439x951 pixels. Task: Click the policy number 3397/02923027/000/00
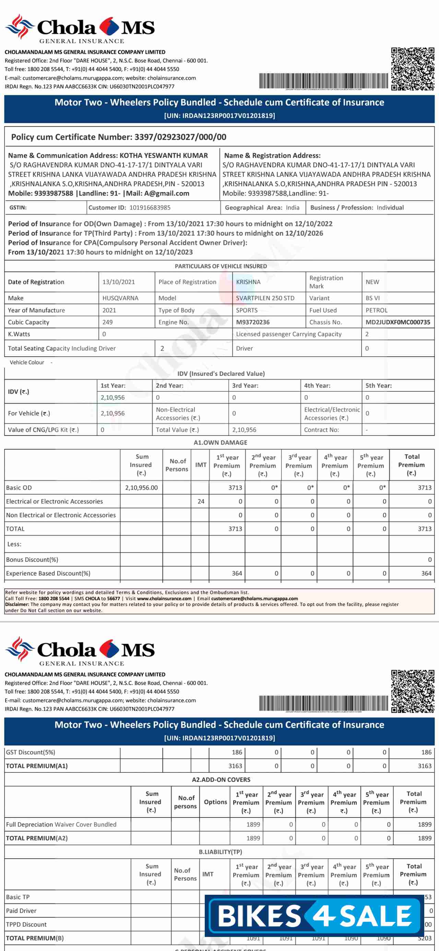point(180,137)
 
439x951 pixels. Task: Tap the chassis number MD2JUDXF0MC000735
point(398,322)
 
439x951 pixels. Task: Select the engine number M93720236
point(252,322)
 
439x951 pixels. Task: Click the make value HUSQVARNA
point(120,298)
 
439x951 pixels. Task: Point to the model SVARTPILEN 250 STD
point(265,298)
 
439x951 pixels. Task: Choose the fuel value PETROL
point(376,310)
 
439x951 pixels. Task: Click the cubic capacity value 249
point(107,322)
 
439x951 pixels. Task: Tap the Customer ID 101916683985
point(150,207)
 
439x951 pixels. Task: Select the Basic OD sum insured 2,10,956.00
point(141,488)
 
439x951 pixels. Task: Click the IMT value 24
point(201,501)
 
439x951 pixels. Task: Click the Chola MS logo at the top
point(80,29)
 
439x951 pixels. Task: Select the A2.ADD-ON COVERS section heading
point(221,780)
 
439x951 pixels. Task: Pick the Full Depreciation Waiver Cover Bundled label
point(61,824)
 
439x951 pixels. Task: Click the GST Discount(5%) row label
point(31,752)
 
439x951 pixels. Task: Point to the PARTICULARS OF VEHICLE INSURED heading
point(221,266)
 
